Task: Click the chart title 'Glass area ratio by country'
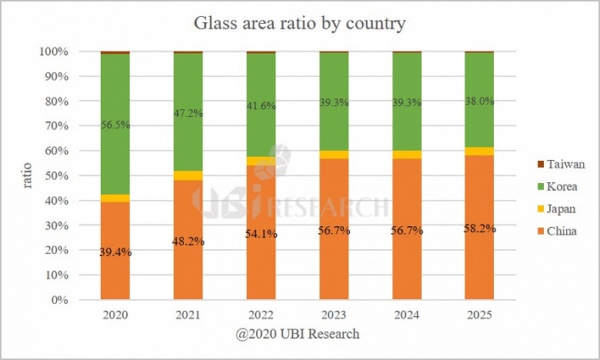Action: point(299,24)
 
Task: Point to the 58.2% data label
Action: point(479,228)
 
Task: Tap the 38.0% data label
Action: point(479,101)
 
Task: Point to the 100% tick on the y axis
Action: point(58,52)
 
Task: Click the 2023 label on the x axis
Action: point(333,315)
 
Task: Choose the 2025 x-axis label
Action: point(479,315)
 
